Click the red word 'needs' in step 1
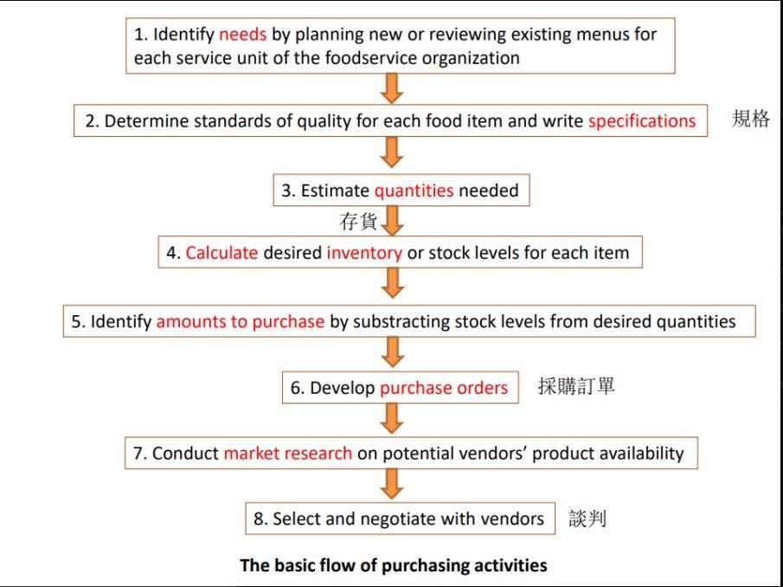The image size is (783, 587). click(x=243, y=35)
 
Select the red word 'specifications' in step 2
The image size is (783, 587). click(x=641, y=121)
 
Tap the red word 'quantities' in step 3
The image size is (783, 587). click(x=414, y=190)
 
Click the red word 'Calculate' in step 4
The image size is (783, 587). click(x=221, y=254)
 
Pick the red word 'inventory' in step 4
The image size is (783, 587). click(x=363, y=254)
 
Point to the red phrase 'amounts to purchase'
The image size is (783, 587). click(x=240, y=321)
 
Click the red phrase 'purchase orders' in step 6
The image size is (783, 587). click(x=443, y=388)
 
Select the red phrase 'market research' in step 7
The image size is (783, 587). click(x=287, y=453)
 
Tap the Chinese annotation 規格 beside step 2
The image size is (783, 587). click(x=750, y=119)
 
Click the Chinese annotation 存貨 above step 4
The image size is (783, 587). click(x=358, y=223)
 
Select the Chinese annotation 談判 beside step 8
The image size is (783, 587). click(x=587, y=519)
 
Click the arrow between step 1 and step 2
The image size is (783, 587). click(x=393, y=88)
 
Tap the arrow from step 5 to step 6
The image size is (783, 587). click(x=393, y=353)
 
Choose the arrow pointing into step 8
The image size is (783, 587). click(x=393, y=485)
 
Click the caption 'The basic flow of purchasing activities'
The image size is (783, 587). click(x=393, y=565)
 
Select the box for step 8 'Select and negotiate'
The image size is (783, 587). click(x=400, y=519)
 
